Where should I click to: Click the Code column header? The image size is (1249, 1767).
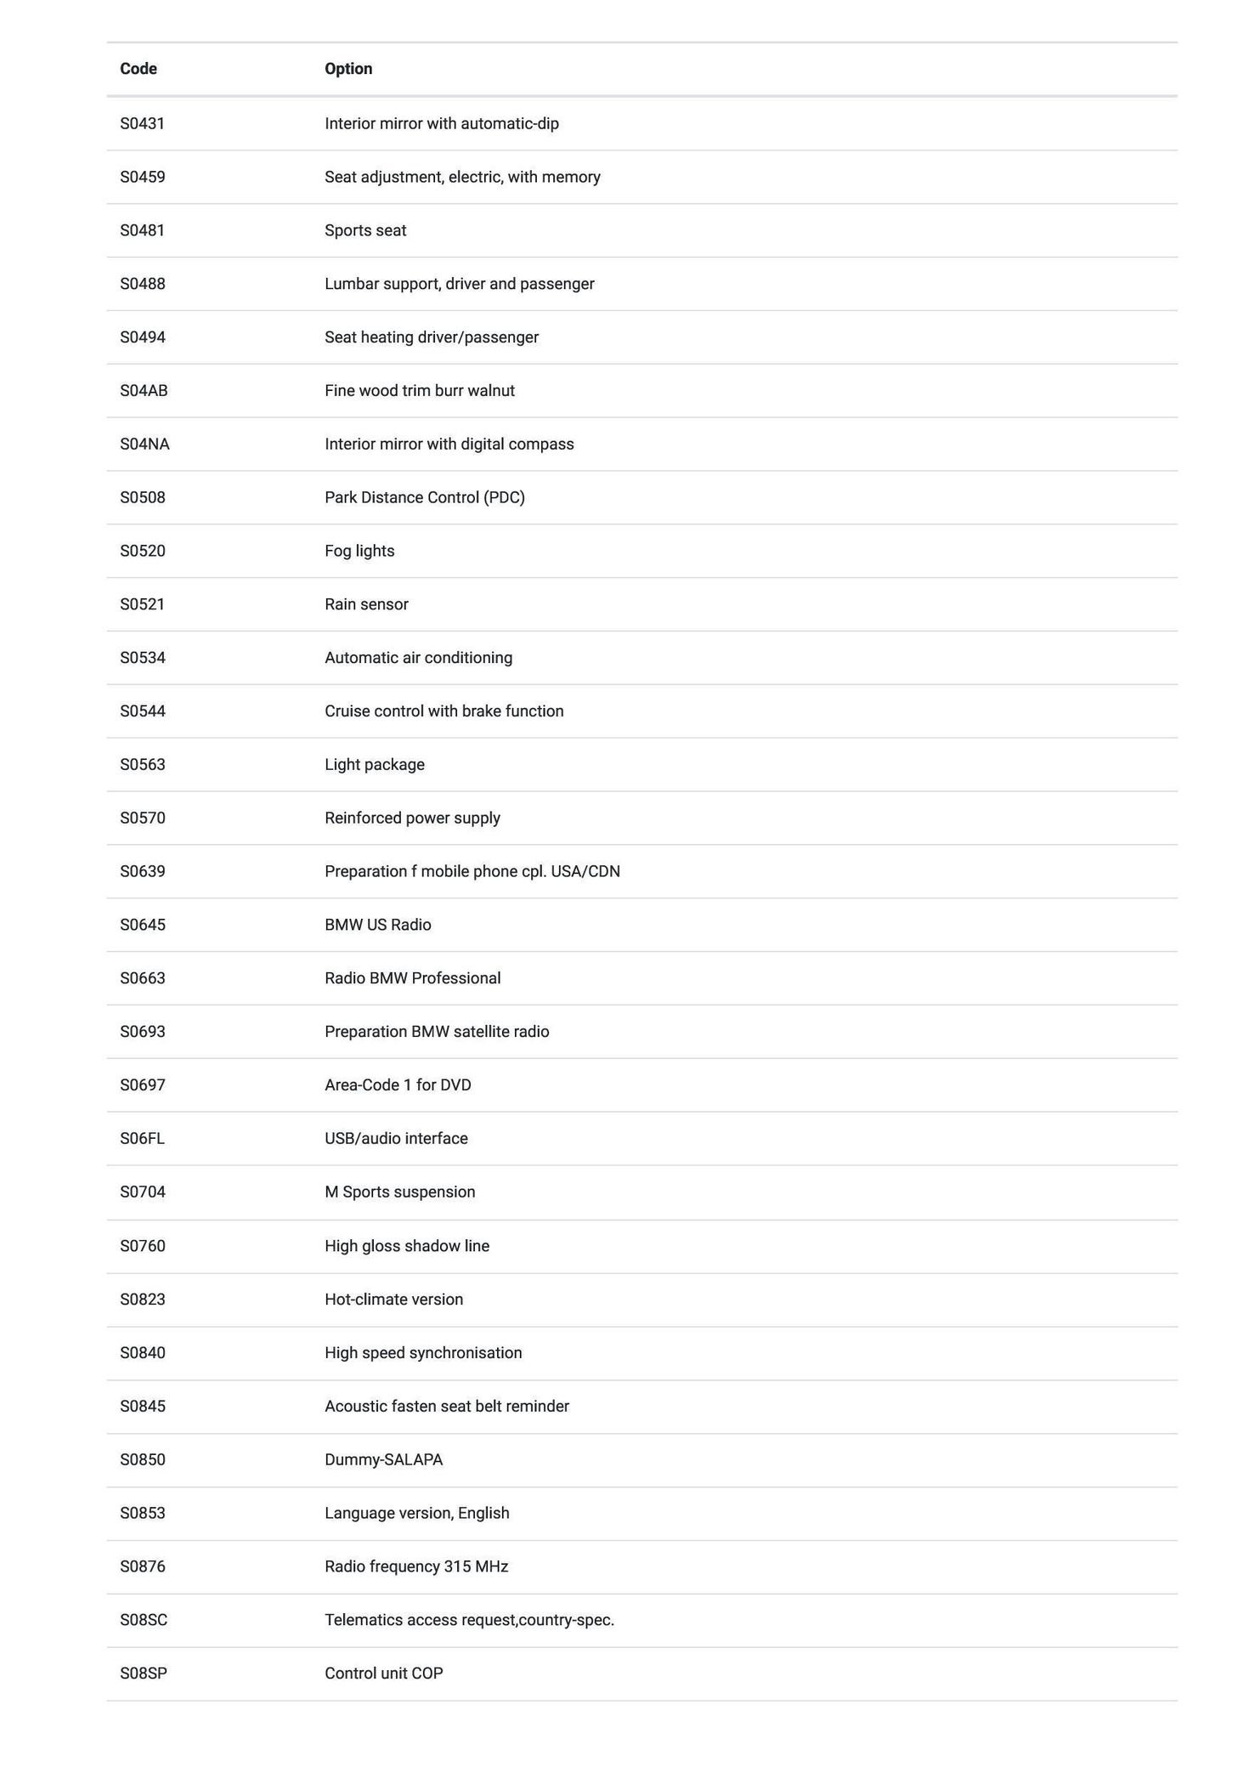coord(138,69)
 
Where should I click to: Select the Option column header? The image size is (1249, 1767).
coord(348,69)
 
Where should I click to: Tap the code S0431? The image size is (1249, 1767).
coord(142,123)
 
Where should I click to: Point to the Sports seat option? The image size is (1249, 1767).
coord(365,230)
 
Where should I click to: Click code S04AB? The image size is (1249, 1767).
coord(144,390)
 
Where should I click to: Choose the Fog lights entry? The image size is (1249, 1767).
coord(359,551)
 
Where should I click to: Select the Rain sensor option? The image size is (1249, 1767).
coord(366,604)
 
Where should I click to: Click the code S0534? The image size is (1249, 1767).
coord(143,658)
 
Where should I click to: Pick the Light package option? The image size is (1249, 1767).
coord(375,764)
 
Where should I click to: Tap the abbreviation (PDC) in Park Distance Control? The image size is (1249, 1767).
coord(504,497)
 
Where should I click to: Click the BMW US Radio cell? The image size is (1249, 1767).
coord(378,925)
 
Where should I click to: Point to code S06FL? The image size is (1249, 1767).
coord(142,1138)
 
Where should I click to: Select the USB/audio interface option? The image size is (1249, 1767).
coord(396,1138)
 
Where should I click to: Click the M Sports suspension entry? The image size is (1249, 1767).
coord(400,1192)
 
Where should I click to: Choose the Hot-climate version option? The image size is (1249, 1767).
coord(394,1299)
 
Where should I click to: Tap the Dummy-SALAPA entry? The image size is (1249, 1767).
coord(383,1459)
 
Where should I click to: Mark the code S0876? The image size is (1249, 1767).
coord(143,1566)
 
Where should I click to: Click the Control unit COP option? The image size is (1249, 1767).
coord(384,1673)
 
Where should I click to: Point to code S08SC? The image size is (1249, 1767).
coord(144,1619)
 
